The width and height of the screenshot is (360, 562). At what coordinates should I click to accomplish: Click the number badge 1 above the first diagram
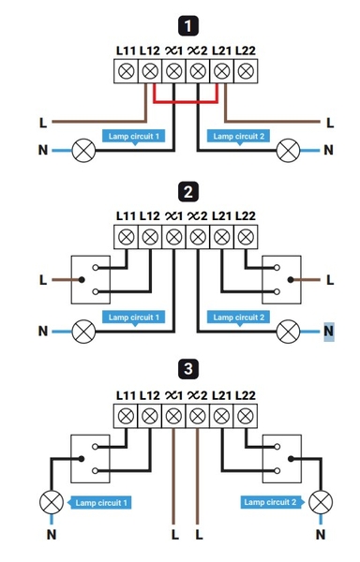point(187,26)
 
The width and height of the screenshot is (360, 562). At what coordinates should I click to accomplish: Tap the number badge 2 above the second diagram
point(187,192)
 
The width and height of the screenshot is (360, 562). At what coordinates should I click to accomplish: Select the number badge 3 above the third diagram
point(187,369)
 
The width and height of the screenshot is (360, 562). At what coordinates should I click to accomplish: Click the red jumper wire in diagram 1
point(186,102)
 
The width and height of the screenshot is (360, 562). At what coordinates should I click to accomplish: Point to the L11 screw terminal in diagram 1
point(126,71)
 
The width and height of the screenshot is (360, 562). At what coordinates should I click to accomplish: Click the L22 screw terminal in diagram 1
point(246,71)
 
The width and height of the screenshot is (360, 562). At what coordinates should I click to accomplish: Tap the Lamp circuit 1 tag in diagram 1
point(133,137)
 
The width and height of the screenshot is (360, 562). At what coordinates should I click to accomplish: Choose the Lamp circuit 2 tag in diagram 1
point(238,137)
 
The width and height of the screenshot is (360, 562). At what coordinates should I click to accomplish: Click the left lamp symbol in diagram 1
point(83,151)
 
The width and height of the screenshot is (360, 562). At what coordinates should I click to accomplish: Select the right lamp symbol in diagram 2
point(288,332)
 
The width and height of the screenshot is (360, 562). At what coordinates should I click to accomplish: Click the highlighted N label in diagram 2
point(329,332)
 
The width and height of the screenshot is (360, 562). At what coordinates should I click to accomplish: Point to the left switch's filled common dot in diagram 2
point(82,279)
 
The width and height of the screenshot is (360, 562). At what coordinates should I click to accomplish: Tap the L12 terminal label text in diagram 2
point(149,216)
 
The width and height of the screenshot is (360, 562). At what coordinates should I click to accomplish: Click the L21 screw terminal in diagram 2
point(221,237)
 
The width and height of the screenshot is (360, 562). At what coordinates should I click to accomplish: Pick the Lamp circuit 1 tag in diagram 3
point(99,502)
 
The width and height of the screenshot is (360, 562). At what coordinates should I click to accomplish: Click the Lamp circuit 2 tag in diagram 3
point(272,502)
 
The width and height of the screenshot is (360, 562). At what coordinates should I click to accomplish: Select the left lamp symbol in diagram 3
point(52,502)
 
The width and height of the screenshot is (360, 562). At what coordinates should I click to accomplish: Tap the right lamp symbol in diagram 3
point(321,502)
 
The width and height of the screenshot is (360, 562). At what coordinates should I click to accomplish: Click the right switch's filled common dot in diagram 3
point(291,459)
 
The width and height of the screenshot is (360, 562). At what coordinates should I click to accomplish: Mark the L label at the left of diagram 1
point(43,123)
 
